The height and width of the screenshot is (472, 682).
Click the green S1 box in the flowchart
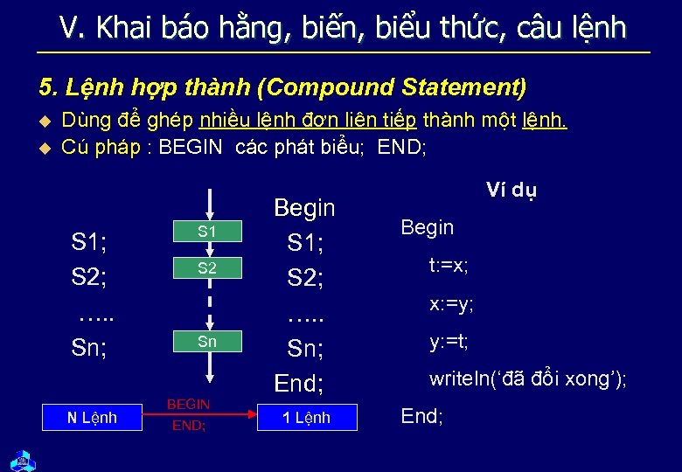coord(207,232)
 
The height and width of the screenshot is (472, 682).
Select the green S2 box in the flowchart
coord(207,268)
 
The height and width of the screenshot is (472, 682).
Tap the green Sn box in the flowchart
coord(207,342)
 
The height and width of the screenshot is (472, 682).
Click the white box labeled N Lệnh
coord(92,418)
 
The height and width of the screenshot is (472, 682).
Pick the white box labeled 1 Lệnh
coord(306,418)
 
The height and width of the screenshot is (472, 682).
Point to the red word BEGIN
coord(188,404)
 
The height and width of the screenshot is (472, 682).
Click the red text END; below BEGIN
coord(188,426)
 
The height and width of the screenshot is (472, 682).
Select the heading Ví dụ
coord(511,191)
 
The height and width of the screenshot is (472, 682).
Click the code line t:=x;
coord(449,266)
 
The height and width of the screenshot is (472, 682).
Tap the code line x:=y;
coord(451,304)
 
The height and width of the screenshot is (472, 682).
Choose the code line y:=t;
coord(449,342)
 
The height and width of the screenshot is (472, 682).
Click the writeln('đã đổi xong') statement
coord(527,379)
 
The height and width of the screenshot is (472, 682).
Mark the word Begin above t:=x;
coord(427,227)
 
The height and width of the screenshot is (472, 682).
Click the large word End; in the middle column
coord(299,383)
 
